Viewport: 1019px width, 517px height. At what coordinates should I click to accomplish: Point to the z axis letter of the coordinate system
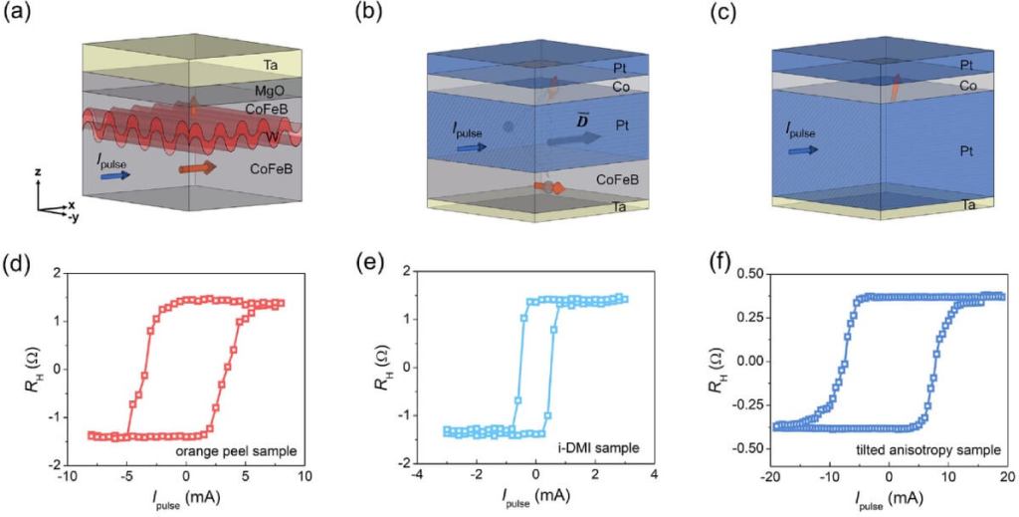coord(37,172)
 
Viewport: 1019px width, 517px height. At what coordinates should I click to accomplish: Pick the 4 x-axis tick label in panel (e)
coord(654,475)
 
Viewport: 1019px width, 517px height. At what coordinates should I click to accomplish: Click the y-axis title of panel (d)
coord(21,368)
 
